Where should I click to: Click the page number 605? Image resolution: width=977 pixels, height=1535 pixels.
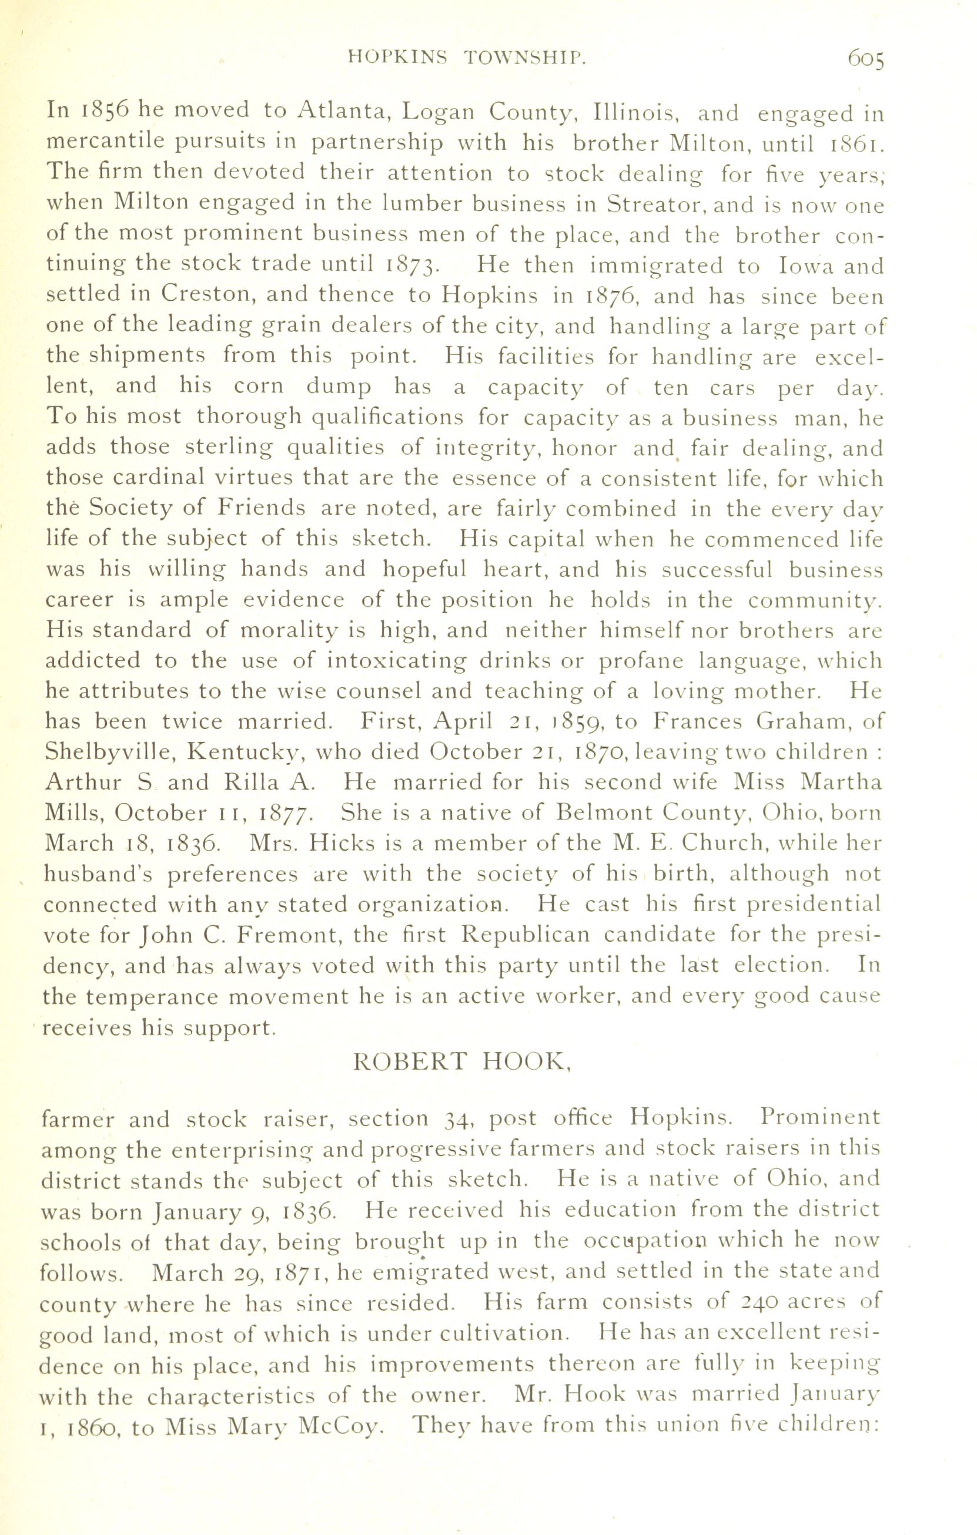(x=866, y=60)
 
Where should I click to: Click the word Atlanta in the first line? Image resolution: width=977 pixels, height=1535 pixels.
(x=346, y=112)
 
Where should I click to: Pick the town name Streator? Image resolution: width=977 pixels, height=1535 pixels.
(x=655, y=204)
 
